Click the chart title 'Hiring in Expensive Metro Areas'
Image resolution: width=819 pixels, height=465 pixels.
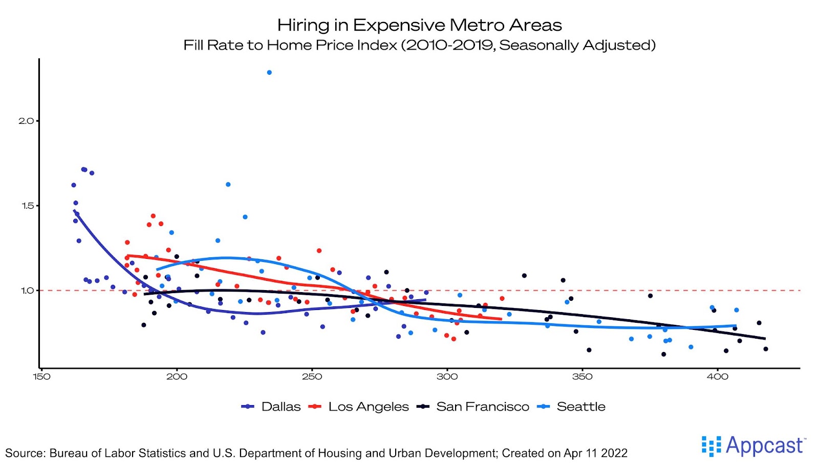[419, 25]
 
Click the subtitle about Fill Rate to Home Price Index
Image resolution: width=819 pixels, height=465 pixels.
[419, 45]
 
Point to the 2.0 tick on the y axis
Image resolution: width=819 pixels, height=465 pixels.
[26, 121]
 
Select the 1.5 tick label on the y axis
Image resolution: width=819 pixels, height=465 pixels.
[27, 206]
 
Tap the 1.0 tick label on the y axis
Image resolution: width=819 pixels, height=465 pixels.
[27, 291]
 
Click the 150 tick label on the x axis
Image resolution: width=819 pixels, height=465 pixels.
[41, 377]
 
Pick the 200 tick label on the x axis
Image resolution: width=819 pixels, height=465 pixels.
[177, 377]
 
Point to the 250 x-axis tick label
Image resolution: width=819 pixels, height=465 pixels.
[312, 377]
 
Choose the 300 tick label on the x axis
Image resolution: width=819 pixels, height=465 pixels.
[447, 377]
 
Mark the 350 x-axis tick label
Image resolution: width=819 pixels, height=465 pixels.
[582, 377]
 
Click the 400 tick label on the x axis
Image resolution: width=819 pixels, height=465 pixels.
[717, 377]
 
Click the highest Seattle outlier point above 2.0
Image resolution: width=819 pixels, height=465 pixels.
[269, 73]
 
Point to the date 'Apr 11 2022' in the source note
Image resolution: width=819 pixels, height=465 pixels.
[595, 453]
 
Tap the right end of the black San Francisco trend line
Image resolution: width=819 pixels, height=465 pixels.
[765, 339]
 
